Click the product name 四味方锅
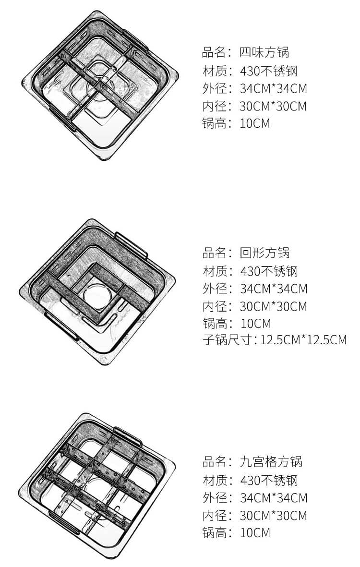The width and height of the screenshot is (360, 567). pos(264,52)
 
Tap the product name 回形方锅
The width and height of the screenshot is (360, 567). pos(264,253)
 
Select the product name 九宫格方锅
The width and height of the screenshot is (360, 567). pos(271,462)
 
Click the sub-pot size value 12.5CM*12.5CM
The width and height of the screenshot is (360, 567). pos(304,340)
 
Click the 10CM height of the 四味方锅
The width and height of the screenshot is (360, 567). pos(255,123)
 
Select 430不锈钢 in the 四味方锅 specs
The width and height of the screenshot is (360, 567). pos(268,71)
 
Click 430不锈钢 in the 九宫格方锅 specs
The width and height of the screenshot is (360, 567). pos(269,480)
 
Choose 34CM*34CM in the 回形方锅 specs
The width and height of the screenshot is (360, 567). pos(274,289)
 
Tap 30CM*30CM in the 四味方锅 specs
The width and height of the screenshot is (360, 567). pos(273,106)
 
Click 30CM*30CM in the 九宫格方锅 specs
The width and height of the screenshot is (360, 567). pos(273,515)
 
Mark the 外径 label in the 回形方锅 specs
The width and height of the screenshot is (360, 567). pos(215,289)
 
